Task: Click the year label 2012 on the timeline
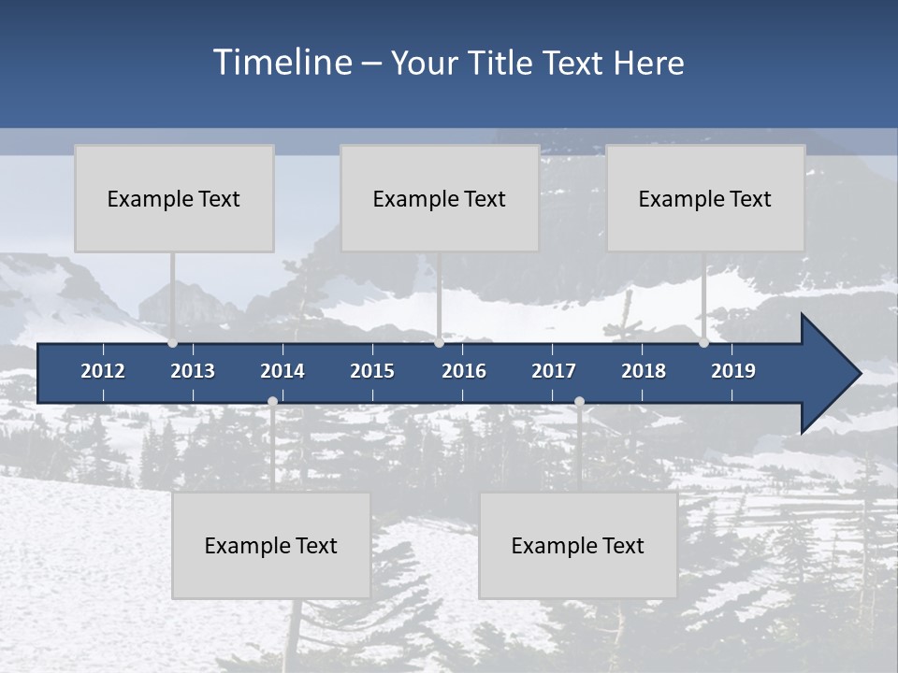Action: (103, 371)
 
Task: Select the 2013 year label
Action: (193, 371)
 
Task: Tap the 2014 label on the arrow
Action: (282, 371)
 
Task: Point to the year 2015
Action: (372, 371)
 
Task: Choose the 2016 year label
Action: (464, 371)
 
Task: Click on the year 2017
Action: (554, 371)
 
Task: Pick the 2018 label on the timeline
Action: (644, 371)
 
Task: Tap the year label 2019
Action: (733, 371)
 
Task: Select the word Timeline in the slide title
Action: (282, 63)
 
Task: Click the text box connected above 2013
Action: (174, 198)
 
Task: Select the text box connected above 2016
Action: (440, 198)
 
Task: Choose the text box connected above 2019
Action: (705, 198)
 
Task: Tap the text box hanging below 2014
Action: (271, 546)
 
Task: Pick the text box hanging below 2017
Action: (578, 546)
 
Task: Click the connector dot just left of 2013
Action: (172, 342)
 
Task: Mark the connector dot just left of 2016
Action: (439, 342)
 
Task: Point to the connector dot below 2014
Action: (272, 401)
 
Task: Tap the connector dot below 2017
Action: (579, 401)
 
